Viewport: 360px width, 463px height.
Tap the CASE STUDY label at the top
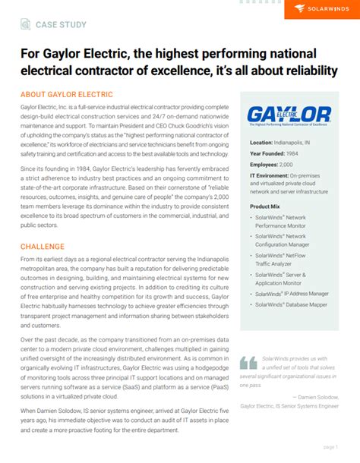coord(61,25)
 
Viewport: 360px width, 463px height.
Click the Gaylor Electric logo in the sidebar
coord(289,116)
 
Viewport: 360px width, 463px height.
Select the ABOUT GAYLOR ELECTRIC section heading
coord(66,95)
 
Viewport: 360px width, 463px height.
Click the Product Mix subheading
coord(265,206)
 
